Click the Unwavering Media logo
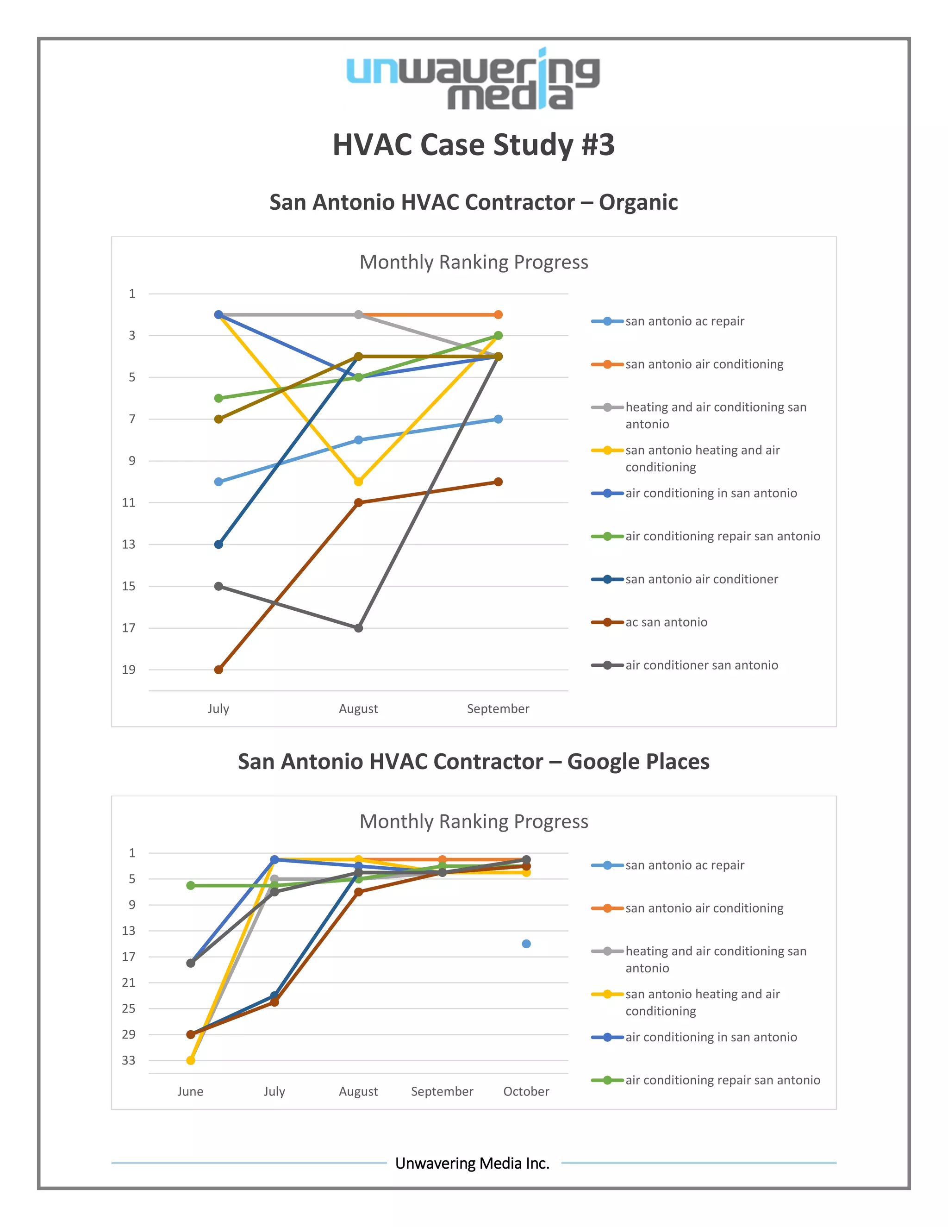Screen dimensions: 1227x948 (x=473, y=79)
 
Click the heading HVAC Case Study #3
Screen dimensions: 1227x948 (x=474, y=145)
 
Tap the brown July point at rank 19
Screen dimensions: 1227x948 (x=218, y=670)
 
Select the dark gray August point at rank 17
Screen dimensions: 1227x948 (x=358, y=627)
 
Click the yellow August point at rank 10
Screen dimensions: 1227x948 (x=358, y=482)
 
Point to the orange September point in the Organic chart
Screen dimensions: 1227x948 (x=498, y=314)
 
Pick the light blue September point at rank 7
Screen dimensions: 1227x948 (x=498, y=419)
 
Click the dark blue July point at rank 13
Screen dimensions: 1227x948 (x=218, y=545)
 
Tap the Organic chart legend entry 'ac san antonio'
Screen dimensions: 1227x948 (x=666, y=622)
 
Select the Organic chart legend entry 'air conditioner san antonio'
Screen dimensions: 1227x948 (x=701, y=665)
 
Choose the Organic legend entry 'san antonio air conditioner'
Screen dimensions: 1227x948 (x=701, y=579)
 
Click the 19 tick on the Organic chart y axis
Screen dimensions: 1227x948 (x=129, y=670)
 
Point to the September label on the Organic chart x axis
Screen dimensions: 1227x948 (x=498, y=709)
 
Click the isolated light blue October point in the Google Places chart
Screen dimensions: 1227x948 (x=526, y=944)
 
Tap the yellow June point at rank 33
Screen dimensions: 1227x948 (x=190, y=1060)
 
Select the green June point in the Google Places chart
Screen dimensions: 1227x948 (x=190, y=885)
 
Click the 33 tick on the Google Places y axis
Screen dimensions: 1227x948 (x=129, y=1060)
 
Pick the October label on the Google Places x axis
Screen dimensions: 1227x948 (x=526, y=1092)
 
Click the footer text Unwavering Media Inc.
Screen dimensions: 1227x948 (x=472, y=1163)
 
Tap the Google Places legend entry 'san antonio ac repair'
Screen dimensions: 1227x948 (x=685, y=865)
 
